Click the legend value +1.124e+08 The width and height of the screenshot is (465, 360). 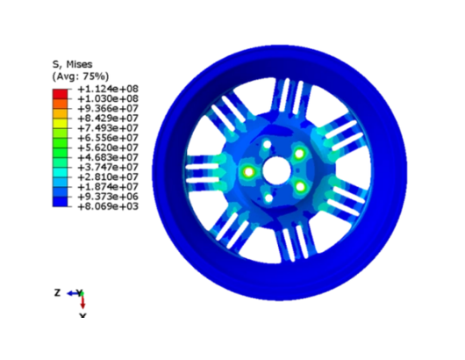pos(108,89)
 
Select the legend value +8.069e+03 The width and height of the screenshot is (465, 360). pos(108,206)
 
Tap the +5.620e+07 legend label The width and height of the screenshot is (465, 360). pos(108,148)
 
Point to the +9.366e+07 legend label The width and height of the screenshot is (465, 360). pos(108,108)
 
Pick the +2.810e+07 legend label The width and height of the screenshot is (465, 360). pos(108,176)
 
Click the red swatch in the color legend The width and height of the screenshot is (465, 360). pos(61,94)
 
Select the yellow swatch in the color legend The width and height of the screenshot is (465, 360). pos(61,123)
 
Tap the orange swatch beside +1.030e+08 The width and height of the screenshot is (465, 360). pos(61,104)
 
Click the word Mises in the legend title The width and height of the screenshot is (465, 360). pos(79,64)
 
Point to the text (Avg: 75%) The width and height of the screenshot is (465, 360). pos(81,76)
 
